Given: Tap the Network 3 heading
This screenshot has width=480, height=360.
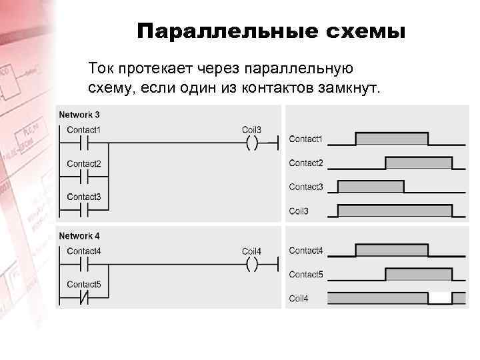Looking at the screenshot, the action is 79,114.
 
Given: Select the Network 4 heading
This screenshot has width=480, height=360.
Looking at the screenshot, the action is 79,235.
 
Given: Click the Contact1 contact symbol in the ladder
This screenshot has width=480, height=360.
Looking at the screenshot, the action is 84,143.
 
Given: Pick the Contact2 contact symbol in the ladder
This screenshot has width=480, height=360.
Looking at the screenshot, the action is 84,177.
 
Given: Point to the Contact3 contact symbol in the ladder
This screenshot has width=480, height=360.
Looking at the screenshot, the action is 84,211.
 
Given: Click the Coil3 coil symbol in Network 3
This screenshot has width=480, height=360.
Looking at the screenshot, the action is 252,143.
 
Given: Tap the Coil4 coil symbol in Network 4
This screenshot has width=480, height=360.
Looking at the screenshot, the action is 252,265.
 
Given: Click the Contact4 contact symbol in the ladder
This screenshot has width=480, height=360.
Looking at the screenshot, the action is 84,265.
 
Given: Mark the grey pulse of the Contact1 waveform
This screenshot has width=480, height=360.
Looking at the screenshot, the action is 392,139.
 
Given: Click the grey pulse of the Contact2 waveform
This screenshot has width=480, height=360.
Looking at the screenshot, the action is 419,163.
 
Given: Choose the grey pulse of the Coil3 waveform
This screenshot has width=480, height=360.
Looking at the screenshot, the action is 395,211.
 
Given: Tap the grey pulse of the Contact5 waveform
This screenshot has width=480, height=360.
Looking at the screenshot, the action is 419,274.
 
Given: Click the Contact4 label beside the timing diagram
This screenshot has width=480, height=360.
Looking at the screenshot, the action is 305,251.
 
